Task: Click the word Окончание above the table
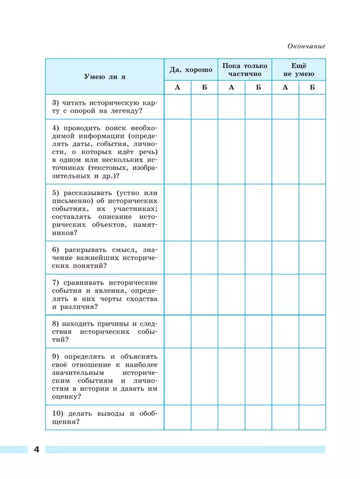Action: point(306,46)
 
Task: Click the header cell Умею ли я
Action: point(105,76)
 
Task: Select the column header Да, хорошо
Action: point(191,70)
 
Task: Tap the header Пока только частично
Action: point(245,70)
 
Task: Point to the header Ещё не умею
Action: point(299,70)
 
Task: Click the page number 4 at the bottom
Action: point(36,449)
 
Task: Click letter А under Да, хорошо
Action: point(177,87)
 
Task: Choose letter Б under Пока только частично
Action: point(258,87)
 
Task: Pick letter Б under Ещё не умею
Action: point(312,87)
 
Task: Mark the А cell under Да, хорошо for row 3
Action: point(177,107)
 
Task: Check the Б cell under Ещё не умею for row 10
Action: point(312,418)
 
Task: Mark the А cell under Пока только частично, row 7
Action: point(232,295)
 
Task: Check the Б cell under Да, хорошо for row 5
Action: point(204,213)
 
